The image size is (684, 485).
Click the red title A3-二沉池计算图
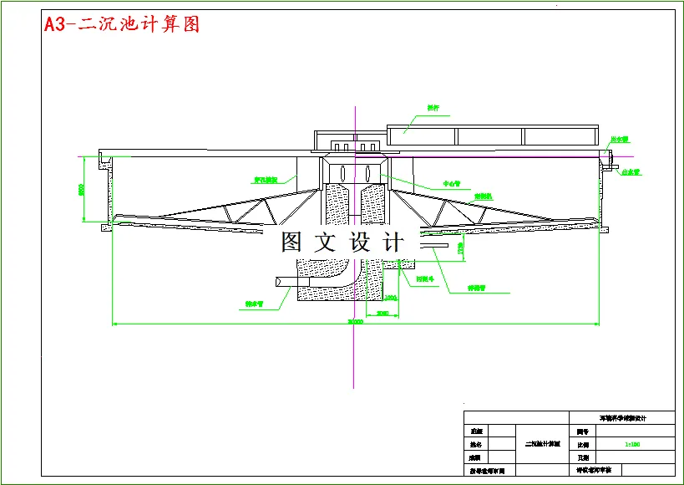tap(122, 25)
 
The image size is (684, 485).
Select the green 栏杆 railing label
tap(433, 107)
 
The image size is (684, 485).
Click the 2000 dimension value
tap(383, 313)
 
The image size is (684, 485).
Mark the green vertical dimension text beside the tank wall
tap(83, 191)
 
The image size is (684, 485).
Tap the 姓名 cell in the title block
tap(476, 445)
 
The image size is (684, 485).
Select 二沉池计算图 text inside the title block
tap(542, 445)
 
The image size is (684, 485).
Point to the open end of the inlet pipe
tap(277, 283)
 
